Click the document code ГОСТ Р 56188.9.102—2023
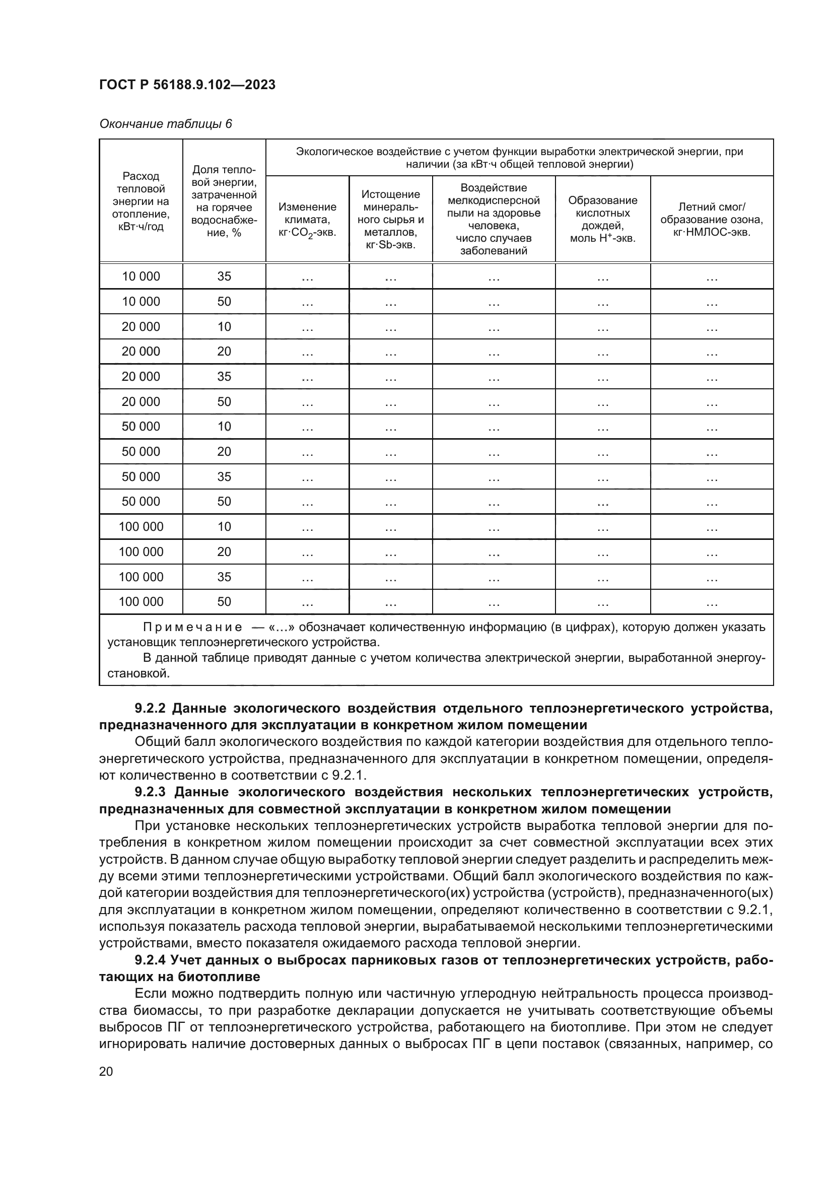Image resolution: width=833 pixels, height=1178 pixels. pos(187,85)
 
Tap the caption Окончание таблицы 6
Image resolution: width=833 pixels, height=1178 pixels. pos(165,124)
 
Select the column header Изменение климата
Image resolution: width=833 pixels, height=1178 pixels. pos(307,219)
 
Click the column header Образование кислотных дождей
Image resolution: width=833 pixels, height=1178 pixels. pos(602,219)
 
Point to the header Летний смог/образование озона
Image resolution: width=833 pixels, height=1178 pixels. pos(712,219)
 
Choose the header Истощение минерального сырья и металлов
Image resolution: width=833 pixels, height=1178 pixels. pos(390,219)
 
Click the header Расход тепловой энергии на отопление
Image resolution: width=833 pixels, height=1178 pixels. pos(141,201)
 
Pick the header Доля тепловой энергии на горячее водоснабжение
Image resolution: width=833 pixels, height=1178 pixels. pos(224,201)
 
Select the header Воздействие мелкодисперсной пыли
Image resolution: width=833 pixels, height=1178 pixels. pos(494,219)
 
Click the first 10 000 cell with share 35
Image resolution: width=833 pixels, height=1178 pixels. pos(141,276)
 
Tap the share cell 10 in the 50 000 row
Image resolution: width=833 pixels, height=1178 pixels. pos(224,427)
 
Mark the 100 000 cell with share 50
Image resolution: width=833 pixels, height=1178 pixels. pos(141,601)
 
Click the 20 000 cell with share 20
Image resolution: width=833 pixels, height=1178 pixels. pos(141,352)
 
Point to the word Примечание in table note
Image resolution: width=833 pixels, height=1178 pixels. pos(192,627)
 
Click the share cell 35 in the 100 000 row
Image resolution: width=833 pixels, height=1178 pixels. pos(224,577)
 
